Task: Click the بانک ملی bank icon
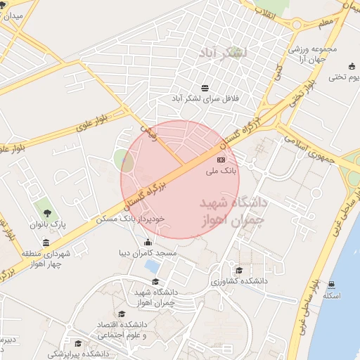221,161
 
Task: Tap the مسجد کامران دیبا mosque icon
148,243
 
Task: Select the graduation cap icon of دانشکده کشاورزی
238,271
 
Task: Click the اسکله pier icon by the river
331,285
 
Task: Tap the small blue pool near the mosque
151,266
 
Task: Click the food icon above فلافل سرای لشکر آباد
204,88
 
